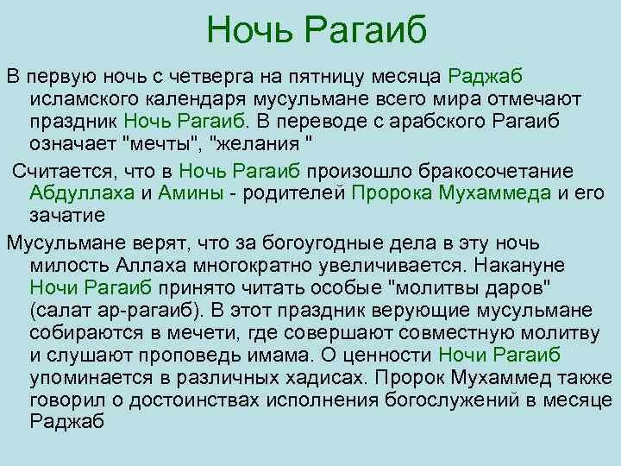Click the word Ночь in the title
(x=251, y=32)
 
